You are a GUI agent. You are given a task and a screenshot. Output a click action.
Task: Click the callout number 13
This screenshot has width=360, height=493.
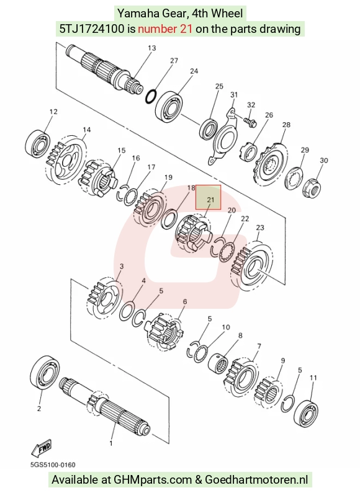151,48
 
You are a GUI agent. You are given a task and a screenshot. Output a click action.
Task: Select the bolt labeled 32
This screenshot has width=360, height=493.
250,121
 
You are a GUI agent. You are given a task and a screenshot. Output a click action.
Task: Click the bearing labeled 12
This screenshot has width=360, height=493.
37,143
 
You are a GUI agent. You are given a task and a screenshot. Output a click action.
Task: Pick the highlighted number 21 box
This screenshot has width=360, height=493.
209,197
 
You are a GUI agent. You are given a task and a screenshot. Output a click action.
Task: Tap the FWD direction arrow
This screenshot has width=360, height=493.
41,448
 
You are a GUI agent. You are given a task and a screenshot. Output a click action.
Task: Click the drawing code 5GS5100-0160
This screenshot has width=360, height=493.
53,464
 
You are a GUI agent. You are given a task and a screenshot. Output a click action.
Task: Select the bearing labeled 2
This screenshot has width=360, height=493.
45,373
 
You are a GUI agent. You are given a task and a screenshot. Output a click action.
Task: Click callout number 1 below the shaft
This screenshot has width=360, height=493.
110,443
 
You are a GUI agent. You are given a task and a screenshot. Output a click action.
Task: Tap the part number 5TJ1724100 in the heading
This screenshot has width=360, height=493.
92,29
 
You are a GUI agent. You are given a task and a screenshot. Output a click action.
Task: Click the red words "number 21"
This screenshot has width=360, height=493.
165,29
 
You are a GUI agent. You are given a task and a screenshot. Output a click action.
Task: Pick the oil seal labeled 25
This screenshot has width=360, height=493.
209,128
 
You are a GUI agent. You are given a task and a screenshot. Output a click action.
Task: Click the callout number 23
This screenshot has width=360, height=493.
260,228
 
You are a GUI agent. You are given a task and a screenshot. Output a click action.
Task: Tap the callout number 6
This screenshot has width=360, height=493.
185,301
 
